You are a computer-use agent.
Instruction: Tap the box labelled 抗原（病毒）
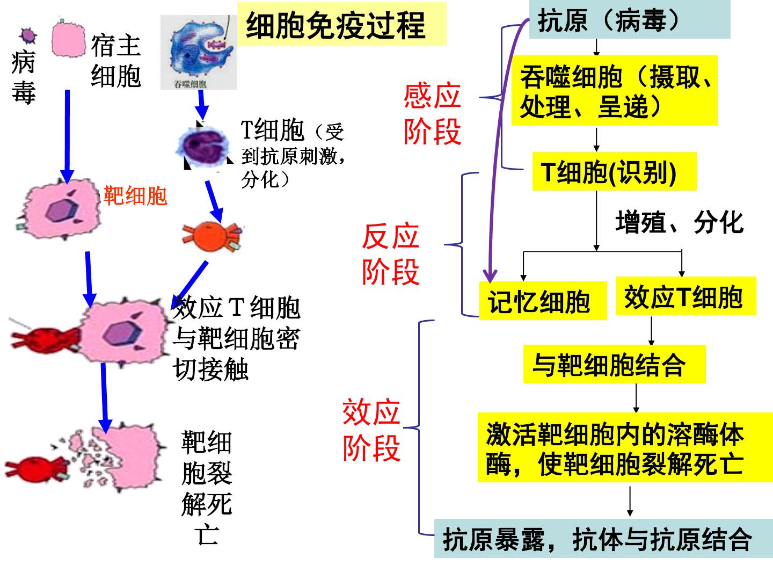tap(629, 19)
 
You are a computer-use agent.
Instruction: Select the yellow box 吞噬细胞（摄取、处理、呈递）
tap(614, 91)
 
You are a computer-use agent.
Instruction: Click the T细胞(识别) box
tap(614, 171)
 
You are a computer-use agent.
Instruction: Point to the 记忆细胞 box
tap(543, 301)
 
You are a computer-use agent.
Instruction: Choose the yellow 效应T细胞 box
tap(686, 296)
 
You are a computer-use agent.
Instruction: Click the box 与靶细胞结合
tap(615, 364)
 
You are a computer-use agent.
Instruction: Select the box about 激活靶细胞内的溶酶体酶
tap(625, 447)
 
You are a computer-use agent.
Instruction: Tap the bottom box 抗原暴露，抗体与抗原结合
tap(603, 539)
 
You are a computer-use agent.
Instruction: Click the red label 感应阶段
tap(432, 114)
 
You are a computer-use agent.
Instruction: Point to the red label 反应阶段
tap(391, 253)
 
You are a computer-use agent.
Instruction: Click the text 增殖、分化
tap(680, 222)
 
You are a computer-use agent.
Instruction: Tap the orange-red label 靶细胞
tap(135, 195)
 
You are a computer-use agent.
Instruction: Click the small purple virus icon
tap(28, 35)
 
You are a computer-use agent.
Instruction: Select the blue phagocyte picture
tap(199, 52)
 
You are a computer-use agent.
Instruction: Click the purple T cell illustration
tap(204, 145)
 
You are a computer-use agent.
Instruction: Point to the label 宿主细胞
tap(116, 61)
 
